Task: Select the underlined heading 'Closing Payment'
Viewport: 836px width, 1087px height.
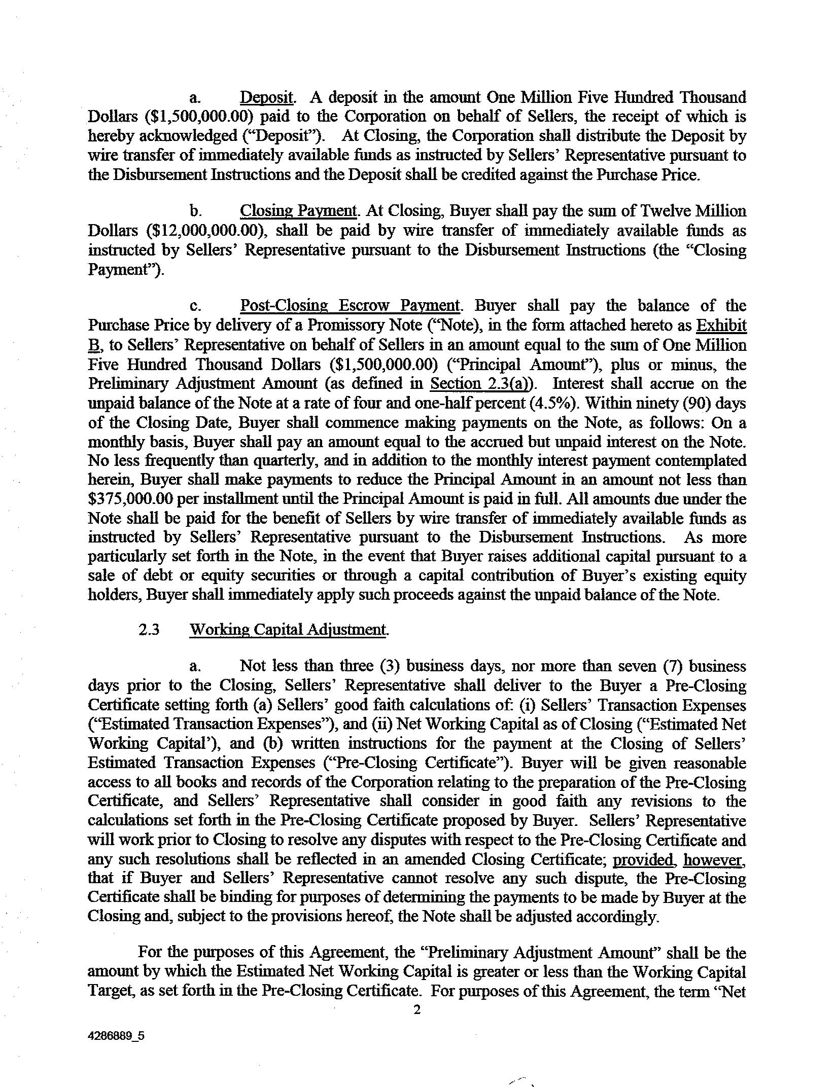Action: point(298,211)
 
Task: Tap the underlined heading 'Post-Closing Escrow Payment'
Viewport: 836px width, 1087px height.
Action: point(350,306)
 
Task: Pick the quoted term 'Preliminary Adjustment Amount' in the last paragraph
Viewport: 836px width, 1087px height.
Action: point(538,953)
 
